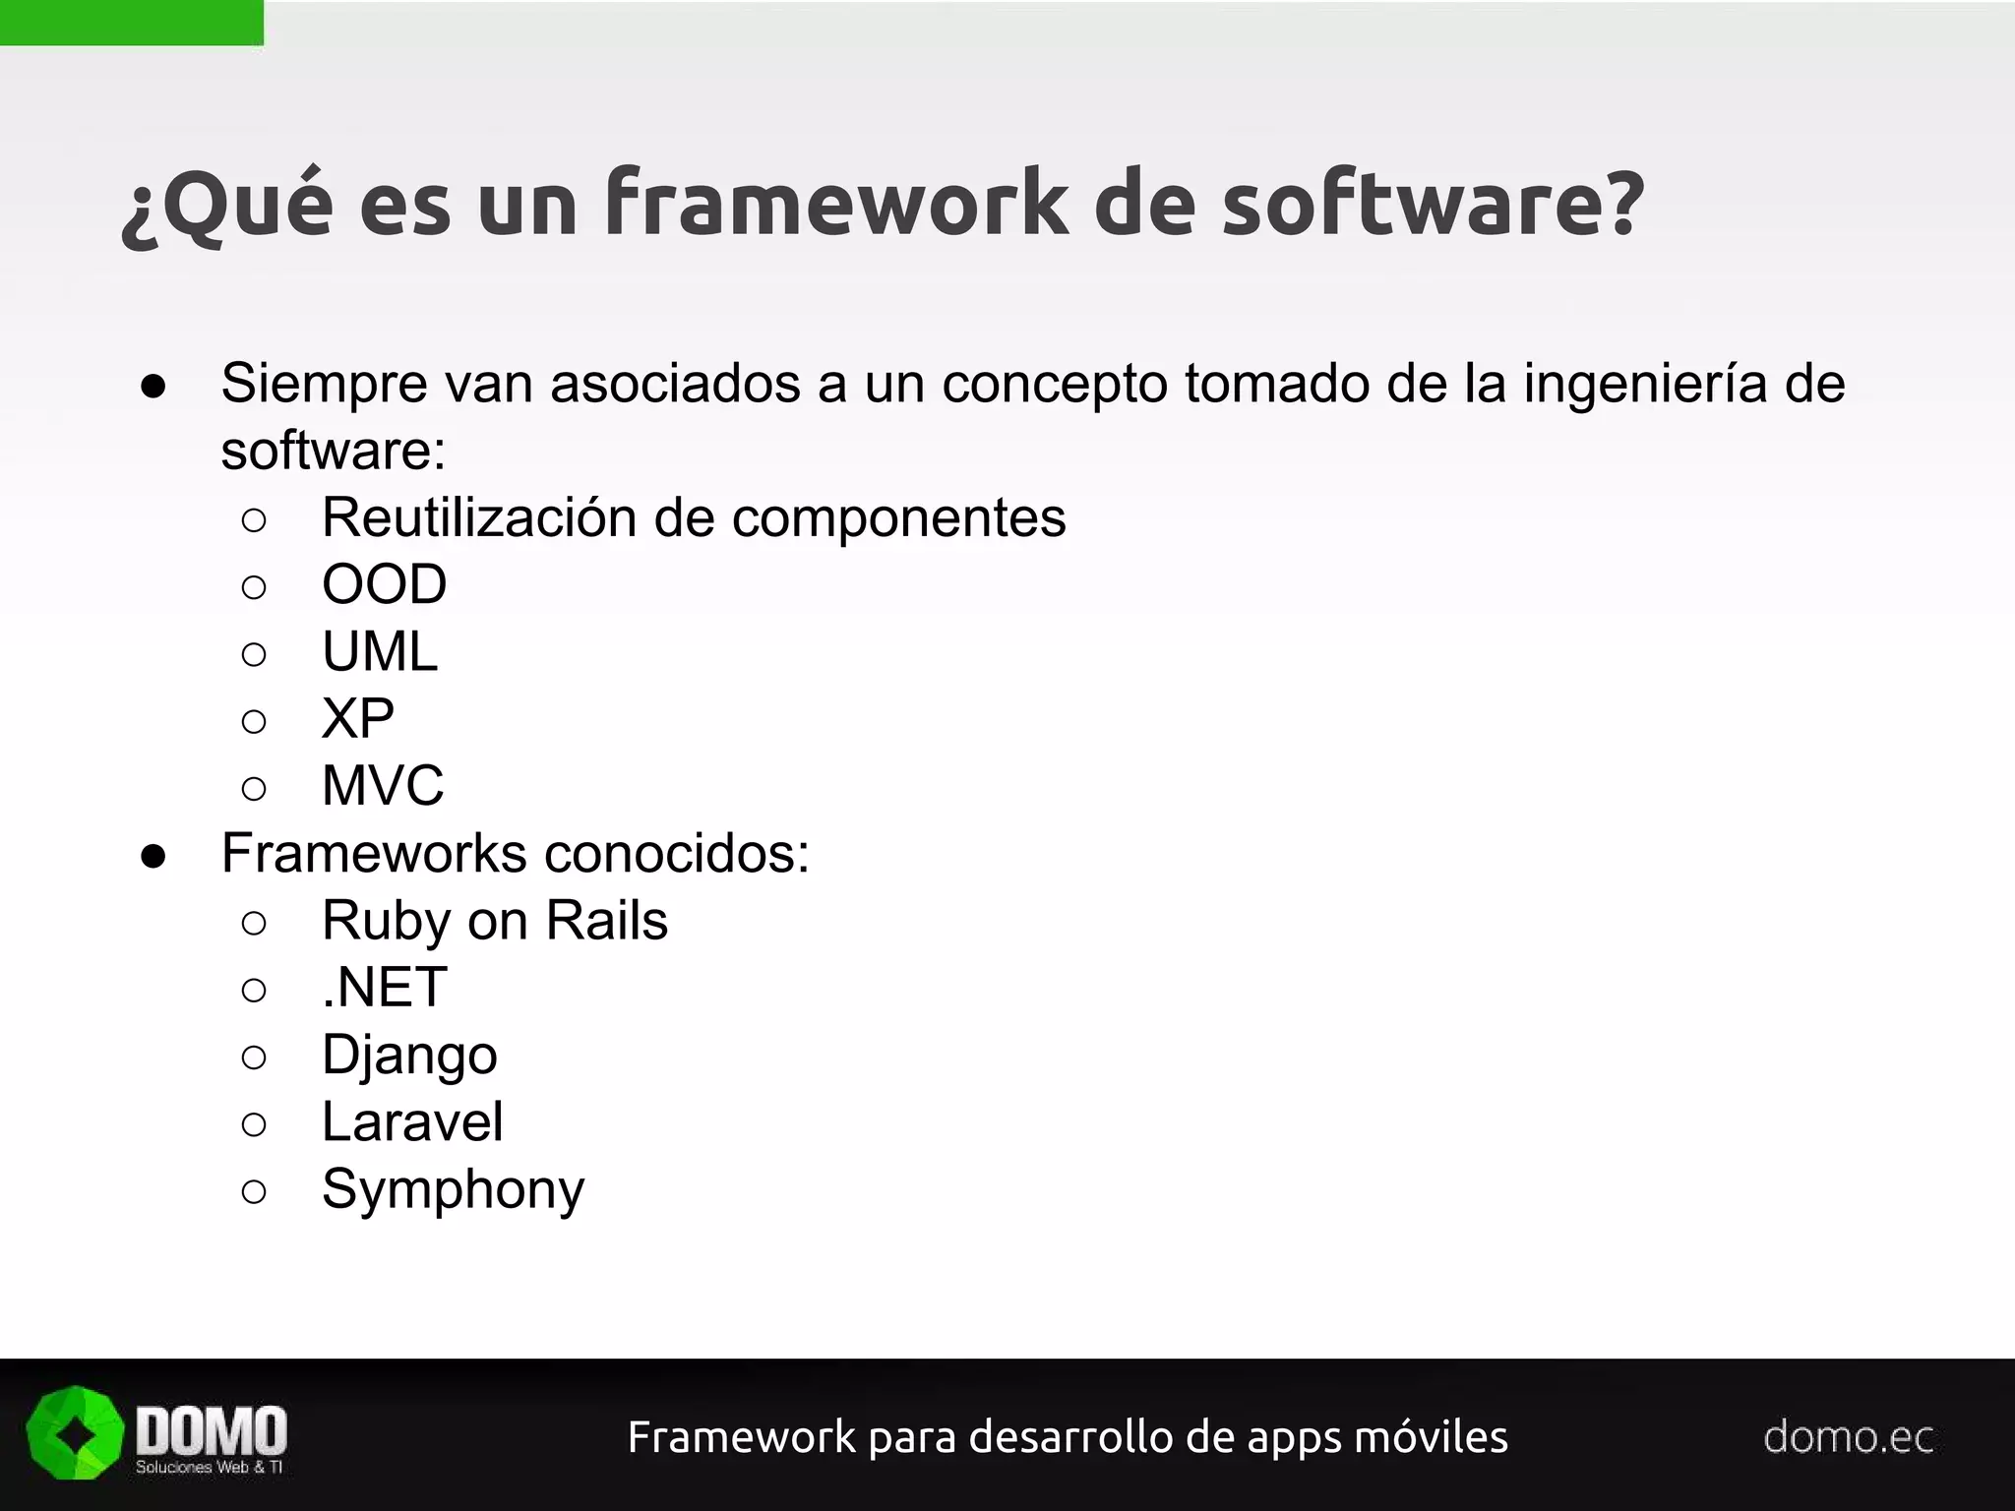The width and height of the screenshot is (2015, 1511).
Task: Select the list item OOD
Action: (384, 584)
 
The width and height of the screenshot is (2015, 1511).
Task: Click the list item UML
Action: (380, 651)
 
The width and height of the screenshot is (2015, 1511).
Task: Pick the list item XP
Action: (358, 718)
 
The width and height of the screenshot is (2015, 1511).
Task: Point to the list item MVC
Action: (383, 785)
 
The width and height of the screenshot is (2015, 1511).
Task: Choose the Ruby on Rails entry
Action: (495, 921)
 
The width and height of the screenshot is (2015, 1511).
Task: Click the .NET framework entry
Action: (385, 987)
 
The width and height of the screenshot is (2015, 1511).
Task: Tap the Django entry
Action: (409, 1055)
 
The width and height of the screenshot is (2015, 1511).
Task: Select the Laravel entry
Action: (412, 1121)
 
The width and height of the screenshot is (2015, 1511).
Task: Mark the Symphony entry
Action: (453, 1189)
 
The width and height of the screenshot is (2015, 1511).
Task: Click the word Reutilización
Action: (478, 517)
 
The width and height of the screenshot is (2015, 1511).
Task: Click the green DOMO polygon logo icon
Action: (75, 1433)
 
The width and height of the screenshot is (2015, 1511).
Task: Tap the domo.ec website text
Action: (1849, 1437)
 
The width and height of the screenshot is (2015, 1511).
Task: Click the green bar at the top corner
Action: (131, 22)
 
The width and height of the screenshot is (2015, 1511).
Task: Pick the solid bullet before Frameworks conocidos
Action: (153, 855)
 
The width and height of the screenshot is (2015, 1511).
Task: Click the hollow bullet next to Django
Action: (254, 1057)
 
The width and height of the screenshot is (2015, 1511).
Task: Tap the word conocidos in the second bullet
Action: (676, 853)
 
